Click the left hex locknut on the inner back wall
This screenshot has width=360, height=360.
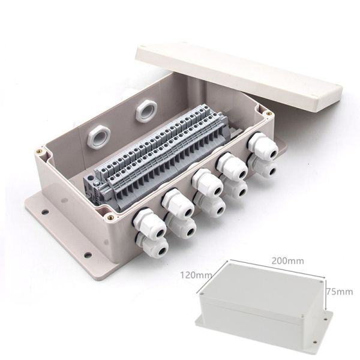click(x=97, y=137)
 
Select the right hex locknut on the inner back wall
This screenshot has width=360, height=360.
click(x=146, y=110)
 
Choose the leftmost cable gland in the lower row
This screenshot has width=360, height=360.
click(x=154, y=248)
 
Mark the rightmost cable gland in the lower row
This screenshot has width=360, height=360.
click(x=265, y=169)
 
